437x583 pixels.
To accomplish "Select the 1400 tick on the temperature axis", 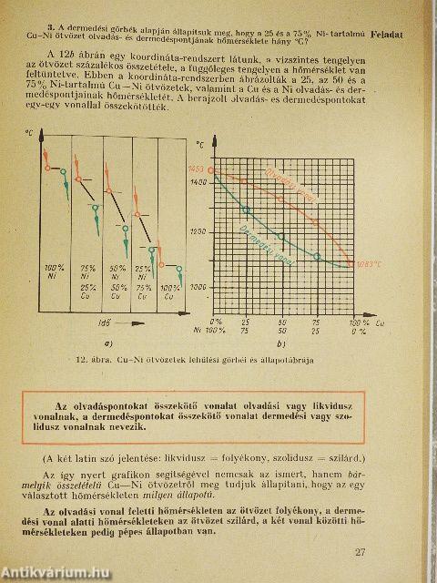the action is point(199,185).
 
